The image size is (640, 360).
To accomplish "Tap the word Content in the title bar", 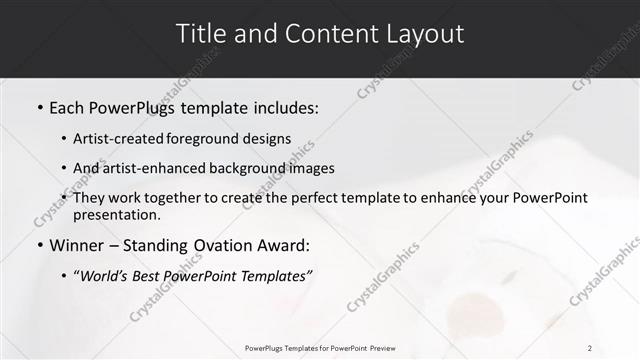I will pos(320,33).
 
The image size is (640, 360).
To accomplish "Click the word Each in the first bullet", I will pos(68,106).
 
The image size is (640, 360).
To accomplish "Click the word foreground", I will pos(209,139).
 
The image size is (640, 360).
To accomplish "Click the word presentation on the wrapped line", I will pos(116,215).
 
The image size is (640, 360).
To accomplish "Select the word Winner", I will pos(78,245).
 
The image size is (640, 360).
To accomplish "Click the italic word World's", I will pos(105,276).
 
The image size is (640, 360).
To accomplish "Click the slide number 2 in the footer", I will pos(590,348).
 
